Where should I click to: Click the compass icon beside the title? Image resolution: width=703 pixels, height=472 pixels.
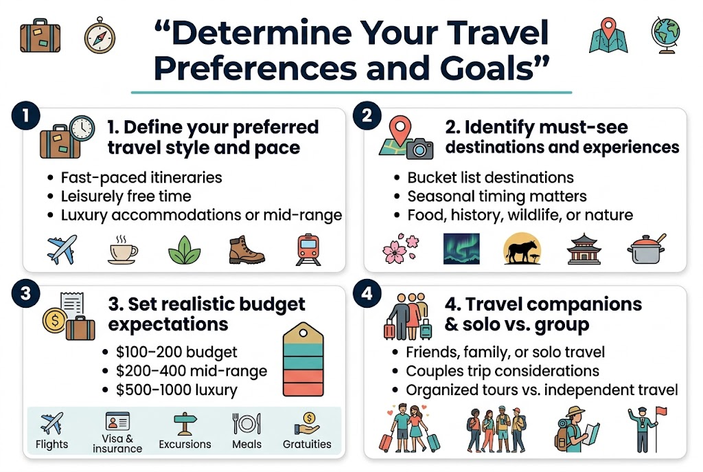[100, 34]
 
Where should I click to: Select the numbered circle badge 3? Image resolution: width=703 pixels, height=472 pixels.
[25, 293]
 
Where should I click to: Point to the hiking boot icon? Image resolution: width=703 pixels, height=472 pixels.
[246, 250]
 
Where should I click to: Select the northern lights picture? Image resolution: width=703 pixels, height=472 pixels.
[461, 249]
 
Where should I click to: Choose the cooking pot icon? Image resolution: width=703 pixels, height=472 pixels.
[646, 250]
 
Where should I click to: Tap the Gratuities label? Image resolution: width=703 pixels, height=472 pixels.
[307, 444]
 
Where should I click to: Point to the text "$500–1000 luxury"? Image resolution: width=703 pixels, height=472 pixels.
[177, 390]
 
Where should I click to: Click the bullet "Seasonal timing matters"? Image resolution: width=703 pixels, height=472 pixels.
[497, 196]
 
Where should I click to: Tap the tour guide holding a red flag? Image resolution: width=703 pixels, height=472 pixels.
[643, 427]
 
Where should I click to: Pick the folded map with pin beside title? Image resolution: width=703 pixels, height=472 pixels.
[607, 34]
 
